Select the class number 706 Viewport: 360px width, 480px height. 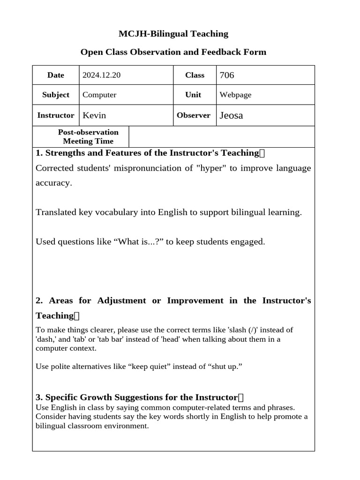click(x=226, y=75)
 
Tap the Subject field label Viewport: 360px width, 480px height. click(x=56, y=95)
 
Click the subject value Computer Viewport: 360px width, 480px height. click(x=99, y=95)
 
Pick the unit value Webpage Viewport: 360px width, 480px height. click(x=235, y=95)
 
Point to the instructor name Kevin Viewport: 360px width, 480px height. click(x=94, y=115)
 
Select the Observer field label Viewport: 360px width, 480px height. click(x=193, y=115)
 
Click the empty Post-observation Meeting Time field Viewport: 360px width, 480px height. click(x=221, y=136)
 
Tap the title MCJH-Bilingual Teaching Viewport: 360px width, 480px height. click(x=173, y=34)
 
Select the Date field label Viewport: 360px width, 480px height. click(x=56, y=75)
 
